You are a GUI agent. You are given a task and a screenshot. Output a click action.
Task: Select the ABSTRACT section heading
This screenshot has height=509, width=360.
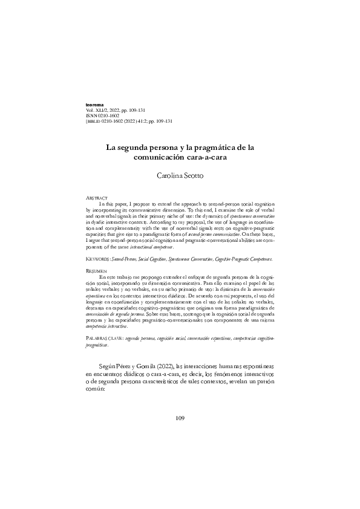click(96, 198)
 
